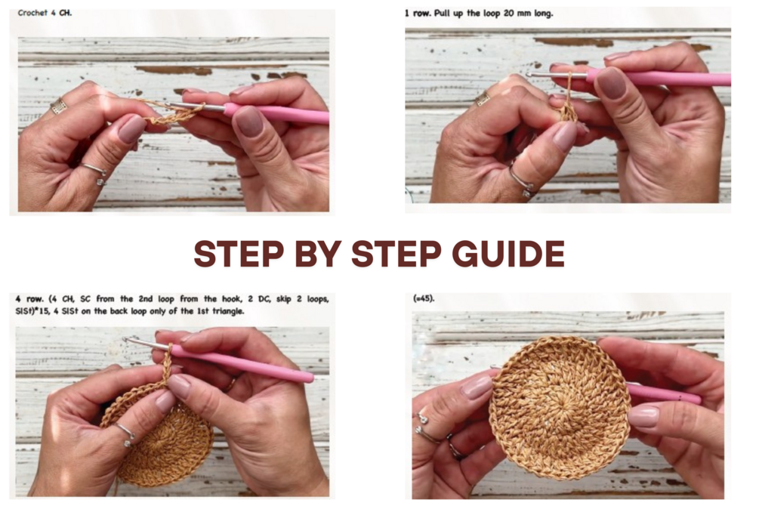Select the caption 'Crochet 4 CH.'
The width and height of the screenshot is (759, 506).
45,13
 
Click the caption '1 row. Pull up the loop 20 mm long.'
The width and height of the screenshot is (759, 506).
479,13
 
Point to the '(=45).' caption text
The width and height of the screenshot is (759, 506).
424,298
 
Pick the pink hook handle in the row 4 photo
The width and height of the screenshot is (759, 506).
242,363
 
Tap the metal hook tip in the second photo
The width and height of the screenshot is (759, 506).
529,75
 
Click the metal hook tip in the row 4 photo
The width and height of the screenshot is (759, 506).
128,339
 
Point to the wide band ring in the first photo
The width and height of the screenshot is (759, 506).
59,106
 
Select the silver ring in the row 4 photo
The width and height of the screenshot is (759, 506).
124,433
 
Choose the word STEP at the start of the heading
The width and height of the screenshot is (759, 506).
239,253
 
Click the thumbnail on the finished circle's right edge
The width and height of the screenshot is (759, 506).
643,416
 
